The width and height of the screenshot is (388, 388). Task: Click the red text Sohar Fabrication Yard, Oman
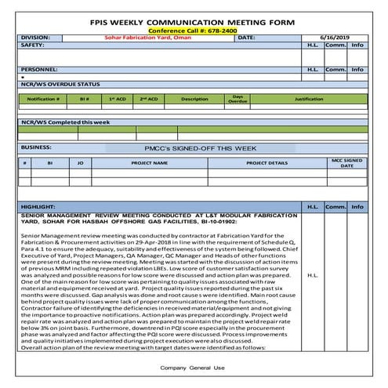point(146,38)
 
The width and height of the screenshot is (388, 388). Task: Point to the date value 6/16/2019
point(338,38)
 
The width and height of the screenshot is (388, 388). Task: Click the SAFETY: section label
point(32,45)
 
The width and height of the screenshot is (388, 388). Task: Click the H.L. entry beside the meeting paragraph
point(312,275)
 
